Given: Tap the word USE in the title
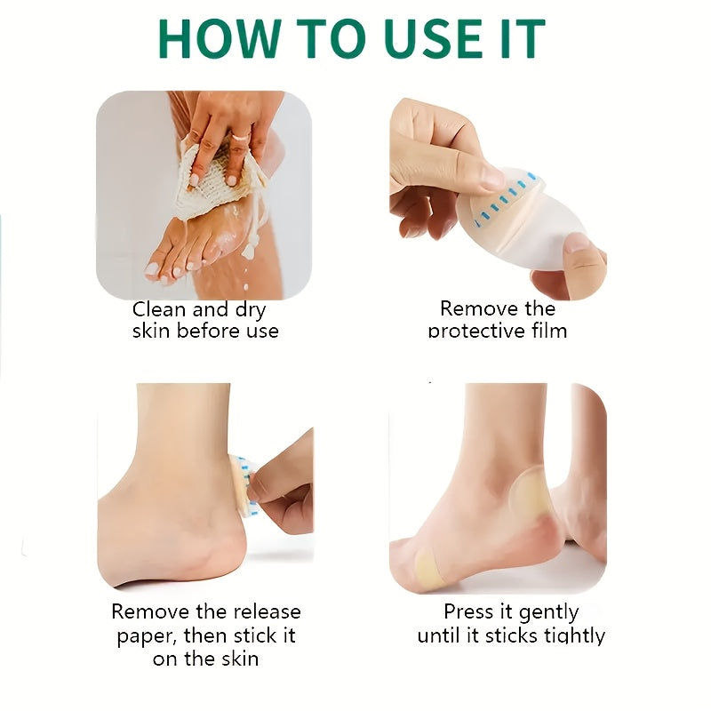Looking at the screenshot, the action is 433,38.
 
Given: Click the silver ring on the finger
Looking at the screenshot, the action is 241,137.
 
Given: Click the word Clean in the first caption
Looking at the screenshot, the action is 160,310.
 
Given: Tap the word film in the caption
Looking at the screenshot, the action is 548,331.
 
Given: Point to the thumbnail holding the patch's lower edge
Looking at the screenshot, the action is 576,244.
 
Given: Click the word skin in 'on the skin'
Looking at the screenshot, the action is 239,659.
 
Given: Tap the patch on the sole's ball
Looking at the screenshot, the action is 432,567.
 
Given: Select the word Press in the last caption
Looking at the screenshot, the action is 468,612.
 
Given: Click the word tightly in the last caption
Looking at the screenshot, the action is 575,636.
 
